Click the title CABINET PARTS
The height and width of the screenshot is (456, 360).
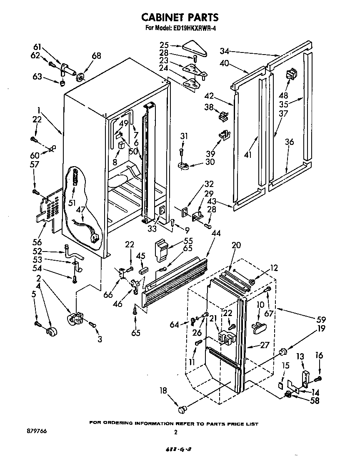180,17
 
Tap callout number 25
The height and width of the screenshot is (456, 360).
164,45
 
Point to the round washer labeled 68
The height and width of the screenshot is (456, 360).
80,76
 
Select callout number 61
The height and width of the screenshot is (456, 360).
38,47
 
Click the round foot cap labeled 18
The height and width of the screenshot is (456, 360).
181,410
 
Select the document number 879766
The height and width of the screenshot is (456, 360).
37,431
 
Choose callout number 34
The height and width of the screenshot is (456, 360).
225,52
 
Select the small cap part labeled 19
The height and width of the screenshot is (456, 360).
282,352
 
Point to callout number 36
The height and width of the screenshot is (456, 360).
289,142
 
